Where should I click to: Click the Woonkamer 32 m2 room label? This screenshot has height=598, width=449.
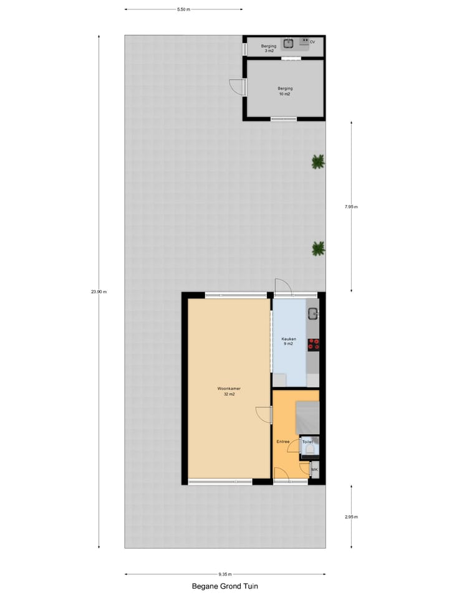pos(229,391)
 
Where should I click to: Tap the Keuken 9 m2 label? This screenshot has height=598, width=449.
pos(289,341)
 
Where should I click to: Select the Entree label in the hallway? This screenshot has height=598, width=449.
pos(283,442)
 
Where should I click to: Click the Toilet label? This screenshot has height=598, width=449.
pos(308,442)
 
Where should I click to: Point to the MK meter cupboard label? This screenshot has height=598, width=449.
pos(314,470)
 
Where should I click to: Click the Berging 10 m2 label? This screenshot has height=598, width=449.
pos(285,91)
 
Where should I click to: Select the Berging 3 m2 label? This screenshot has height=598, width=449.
pos(268,48)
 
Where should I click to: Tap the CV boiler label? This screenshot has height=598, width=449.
pos(312,42)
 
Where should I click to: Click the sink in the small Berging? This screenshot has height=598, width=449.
pos(288,43)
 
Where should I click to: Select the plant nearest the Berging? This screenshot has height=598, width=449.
pos(318,162)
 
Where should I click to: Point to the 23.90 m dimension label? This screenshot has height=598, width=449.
pos(99,292)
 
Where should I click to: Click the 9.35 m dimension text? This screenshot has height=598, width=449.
pos(225,574)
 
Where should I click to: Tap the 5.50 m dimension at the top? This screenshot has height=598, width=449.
pos(183,9)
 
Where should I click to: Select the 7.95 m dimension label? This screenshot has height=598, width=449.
pos(352,207)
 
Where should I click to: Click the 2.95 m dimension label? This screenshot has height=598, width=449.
pos(352,517)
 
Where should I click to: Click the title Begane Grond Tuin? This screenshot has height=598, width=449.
pos(224,586)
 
